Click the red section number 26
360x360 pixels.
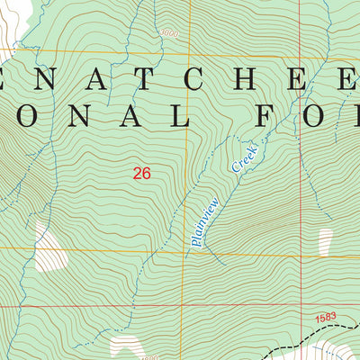141,174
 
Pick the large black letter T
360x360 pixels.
148,78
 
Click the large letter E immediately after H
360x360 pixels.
306,78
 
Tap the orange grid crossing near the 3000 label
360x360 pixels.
188,48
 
